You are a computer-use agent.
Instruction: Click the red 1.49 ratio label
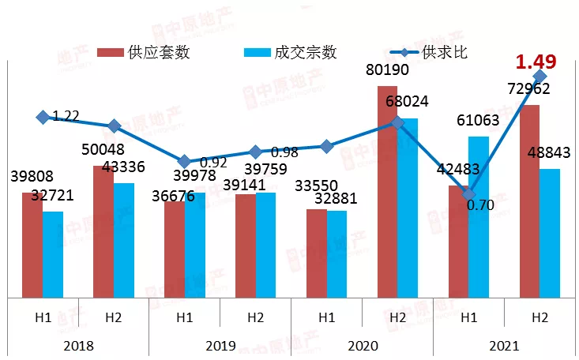(536, 62)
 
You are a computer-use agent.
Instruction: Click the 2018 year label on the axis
(78, 346)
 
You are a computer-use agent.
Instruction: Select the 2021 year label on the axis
(505, 346)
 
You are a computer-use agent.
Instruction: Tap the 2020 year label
(363, 346)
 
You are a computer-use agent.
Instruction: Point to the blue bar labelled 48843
(549, 233)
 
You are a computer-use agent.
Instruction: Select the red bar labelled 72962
(529, 201)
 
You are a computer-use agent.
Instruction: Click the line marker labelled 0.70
(469, 194)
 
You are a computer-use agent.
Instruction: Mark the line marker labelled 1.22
(43, 117)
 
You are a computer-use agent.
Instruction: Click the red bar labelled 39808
(32, 245)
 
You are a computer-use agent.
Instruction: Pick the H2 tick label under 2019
(255, 318)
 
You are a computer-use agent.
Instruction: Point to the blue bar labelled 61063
(479, 217)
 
